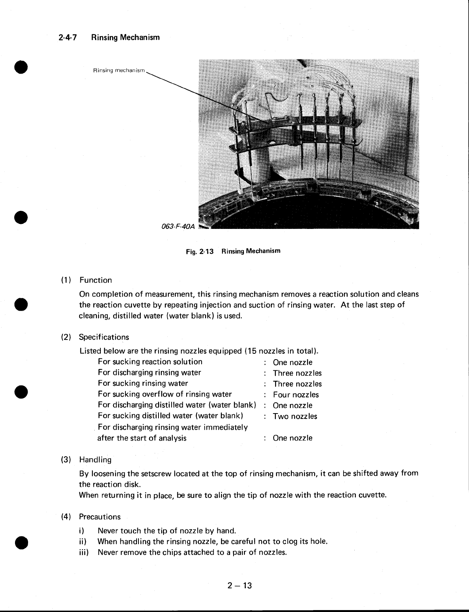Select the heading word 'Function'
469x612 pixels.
[x=95, y=280]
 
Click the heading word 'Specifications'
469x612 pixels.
[x=104, y=337]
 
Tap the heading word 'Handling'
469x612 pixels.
[x=95, y=460]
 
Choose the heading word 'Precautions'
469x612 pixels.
[x=100, y=517]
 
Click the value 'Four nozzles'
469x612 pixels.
[x=296, y=395]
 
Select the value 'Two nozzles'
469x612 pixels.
[x=295, y=416]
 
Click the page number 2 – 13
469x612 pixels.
[x=239, y=586]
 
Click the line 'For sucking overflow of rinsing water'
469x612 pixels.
[x=165, y=394]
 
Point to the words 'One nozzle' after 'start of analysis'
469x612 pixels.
[x=292, y=438]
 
